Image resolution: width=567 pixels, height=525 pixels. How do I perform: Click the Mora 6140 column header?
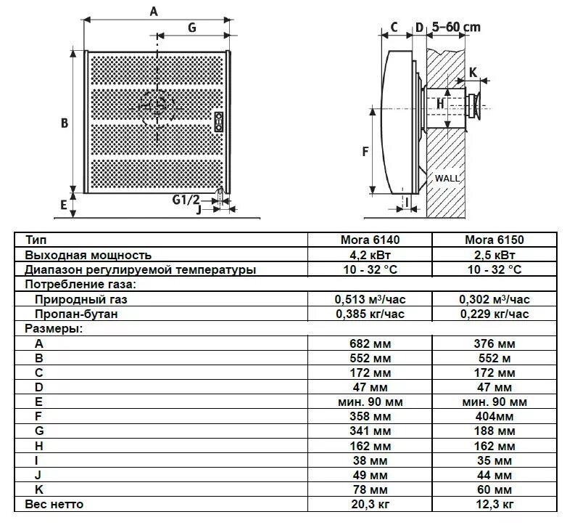pyautogui.click(x=370, y=239)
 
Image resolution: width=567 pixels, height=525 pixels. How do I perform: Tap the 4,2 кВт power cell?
pyautogui.click(x=370, y=254)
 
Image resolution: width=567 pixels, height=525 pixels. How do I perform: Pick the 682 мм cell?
pyautogui.click(x=370, y=343)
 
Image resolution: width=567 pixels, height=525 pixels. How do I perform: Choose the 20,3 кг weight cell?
pyautogui.click(x=370, y=503)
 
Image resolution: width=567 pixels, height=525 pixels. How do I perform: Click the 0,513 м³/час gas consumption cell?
pyautogui.click(x=370, y=299)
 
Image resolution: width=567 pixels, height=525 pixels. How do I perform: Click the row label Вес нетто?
pyautogui.click(x=54, y=503)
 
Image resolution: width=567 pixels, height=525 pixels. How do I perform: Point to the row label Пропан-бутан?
pyautogui.click(x=75, y=314)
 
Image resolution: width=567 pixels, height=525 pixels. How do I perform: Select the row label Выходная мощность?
pyautogui.click(x=88, y=254)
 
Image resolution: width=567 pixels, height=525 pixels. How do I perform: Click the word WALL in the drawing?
pyautogui.click(x=447, y=178)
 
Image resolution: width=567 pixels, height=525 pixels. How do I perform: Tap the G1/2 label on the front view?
pyautogui.click(x=186, y=199)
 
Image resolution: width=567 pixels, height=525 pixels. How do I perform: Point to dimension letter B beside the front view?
pyautogui.click(x=65, y=123)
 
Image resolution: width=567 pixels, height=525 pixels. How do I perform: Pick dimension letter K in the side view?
pyautogui.click(x=473, y=72)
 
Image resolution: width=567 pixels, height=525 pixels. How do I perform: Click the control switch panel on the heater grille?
pyautogui.click(x=218, y=122)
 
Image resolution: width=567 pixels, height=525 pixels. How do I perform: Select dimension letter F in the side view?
pyautogui.click(x=365, y=151)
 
